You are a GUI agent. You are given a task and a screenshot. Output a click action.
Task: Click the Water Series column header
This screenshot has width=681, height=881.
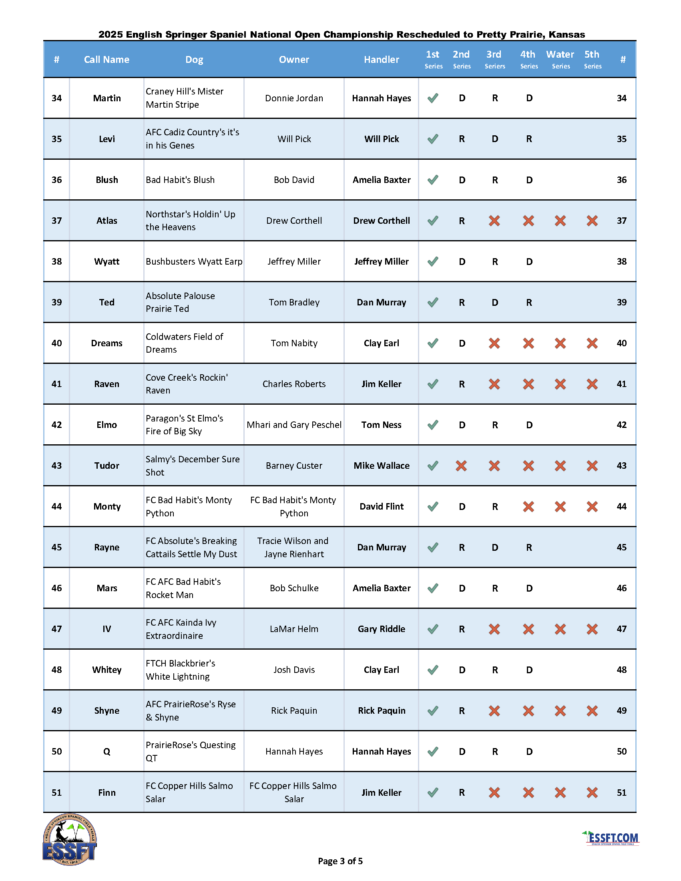pyautogui.click(x=560, y=59)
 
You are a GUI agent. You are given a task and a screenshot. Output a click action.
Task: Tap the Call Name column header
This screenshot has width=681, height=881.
pyautogui.click(x=106, y=59)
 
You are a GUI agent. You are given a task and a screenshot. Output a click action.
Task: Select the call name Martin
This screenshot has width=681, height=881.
pyautogui.click(x=107, y=98)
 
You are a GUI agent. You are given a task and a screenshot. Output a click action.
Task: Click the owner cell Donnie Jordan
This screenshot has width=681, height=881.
pyautogui.click(x=294, y=98)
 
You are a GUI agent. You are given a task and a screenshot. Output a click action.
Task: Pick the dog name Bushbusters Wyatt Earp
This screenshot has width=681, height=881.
pyautogui.click(x=194, y=261)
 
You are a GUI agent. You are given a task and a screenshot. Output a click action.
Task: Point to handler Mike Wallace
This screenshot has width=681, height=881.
pyautogui.click(x=381, y=466)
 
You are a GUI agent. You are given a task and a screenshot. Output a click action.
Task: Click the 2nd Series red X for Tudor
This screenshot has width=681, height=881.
pyautogui.click(x=461, y=466)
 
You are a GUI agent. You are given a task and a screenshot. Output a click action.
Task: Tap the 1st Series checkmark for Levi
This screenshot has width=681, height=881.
pyautogui.click(x=433, y=139)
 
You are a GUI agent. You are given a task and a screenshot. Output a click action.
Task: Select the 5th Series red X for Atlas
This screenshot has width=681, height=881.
pyautogui.click(x=592, y=221)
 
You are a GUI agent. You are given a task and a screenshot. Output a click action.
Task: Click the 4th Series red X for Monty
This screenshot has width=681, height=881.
pyautogui.click(x=528, y=507)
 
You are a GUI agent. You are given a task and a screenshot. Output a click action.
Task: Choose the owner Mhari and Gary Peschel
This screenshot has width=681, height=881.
pyautogui.click(x=294, y=425)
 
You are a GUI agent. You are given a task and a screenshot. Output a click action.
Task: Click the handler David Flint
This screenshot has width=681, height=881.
pyautogui.click(x=381, y=506)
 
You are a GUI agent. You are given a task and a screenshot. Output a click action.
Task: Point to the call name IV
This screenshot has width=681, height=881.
pyautogui.click(x=106, y=629)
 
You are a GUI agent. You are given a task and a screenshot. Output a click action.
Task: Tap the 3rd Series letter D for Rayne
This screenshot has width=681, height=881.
pyautogui.click(x=494, y=548)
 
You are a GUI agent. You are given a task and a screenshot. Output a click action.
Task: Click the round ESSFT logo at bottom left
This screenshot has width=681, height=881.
pyautogui.click(x=69, y=839)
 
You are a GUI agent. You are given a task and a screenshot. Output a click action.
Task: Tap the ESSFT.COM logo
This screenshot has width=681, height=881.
pyautogui.click(x=612, y=838)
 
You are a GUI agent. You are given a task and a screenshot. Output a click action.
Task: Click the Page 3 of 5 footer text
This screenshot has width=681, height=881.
pyautogui.click(x=340, y=861)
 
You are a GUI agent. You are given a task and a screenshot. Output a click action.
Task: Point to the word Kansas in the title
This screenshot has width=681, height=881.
pyautogui.click(x=566, y=34)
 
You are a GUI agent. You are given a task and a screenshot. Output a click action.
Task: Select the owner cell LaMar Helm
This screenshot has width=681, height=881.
pyautogui.click(x=294, y=629)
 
